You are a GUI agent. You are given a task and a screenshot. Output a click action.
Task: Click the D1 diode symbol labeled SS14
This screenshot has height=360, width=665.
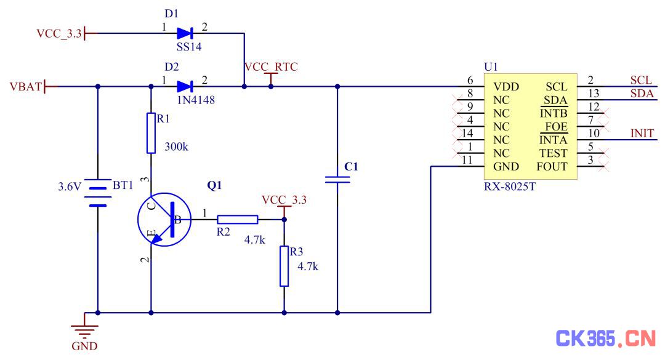point(185,33)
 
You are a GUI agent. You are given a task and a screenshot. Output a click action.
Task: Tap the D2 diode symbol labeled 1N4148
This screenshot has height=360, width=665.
point(185,87)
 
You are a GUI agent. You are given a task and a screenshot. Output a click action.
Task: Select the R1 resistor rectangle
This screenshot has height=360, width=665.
point(151,133)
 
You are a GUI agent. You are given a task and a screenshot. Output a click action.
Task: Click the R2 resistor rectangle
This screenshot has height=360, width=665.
point(238,220)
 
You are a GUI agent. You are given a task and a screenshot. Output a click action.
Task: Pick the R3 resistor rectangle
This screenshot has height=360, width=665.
point(284,266)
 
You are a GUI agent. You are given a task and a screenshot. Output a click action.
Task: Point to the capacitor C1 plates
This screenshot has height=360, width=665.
point(337,180)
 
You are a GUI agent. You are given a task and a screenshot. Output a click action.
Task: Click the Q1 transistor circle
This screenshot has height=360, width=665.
point(164,220)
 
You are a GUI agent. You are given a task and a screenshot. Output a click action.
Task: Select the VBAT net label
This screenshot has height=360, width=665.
point(26,87)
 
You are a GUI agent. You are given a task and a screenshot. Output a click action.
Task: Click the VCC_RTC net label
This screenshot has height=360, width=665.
point(271,66)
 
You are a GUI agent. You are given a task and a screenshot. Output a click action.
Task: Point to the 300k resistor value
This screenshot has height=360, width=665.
point(177,146)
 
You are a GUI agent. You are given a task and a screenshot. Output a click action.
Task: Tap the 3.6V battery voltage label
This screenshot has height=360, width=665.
point(69,186)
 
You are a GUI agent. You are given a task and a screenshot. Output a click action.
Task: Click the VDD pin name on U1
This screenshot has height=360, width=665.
point(506,87)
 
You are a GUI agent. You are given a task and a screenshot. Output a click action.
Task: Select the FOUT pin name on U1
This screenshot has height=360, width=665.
point(552,167)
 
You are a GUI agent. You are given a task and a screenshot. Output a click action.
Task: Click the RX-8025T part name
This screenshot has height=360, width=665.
point(510,186)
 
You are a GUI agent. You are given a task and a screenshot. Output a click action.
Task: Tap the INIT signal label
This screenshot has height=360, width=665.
point(642,133)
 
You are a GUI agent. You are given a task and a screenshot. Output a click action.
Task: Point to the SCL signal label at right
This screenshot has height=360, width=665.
point(641,80)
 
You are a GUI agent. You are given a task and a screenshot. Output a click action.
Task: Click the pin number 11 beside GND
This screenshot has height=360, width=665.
point(467,160)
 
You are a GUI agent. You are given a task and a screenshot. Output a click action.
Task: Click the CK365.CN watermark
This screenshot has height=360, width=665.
point(606,338)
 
